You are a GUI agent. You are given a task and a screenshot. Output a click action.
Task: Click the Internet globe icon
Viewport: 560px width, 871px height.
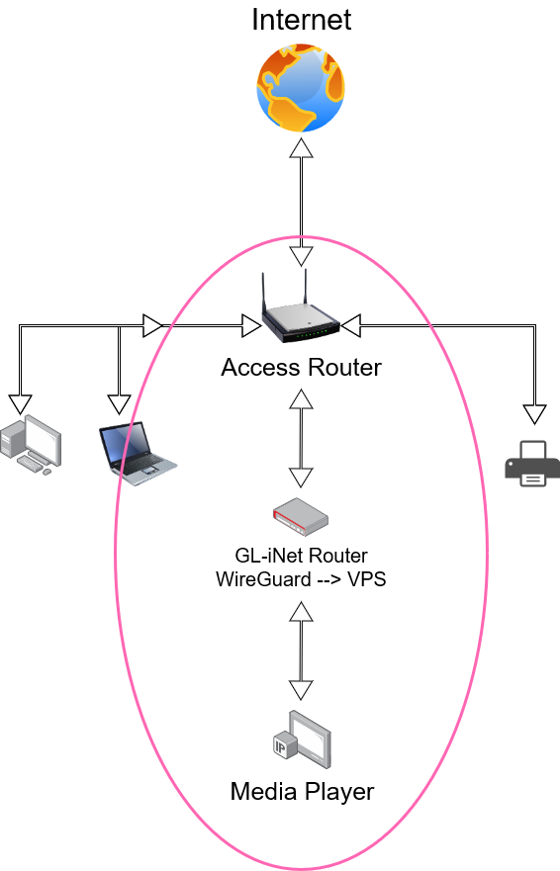click(301, 88)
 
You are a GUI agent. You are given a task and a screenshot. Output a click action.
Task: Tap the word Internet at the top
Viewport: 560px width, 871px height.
click(302, 20)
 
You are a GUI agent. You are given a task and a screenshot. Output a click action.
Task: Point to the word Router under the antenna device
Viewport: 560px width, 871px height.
click(344, 368)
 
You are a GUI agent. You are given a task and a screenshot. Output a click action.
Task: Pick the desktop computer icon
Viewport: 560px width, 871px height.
click(31, 444)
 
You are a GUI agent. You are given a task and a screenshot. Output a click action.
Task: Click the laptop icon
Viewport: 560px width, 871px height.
click(138, 453)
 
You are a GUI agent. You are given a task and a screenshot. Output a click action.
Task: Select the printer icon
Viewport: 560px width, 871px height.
click(532, 464)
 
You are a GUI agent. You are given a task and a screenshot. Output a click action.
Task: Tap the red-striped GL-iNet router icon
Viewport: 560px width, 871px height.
click(301, 517)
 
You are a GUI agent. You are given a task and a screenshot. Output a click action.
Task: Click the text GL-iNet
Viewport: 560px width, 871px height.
click(269, 556)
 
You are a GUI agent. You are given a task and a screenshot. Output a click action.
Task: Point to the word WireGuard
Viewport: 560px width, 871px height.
click(263, 579)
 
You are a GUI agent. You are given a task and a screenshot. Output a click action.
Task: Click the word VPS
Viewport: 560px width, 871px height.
click(366, 579)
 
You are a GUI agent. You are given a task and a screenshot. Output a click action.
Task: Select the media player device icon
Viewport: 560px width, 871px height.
click(302, 740)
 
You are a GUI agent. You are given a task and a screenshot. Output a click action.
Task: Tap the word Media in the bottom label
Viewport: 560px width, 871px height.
click(264, 792)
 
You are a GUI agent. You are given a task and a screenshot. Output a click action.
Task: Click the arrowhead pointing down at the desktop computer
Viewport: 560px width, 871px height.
click(20, 404)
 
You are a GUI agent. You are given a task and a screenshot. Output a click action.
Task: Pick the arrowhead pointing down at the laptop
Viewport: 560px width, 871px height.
click(119, 404)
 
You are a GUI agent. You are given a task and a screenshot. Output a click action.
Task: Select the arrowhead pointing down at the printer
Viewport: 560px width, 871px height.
click(534, 414)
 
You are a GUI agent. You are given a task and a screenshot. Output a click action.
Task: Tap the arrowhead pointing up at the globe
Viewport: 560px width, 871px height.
click(302, 147)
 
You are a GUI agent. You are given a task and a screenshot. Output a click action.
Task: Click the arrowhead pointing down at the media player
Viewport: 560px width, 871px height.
click(301, 690)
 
